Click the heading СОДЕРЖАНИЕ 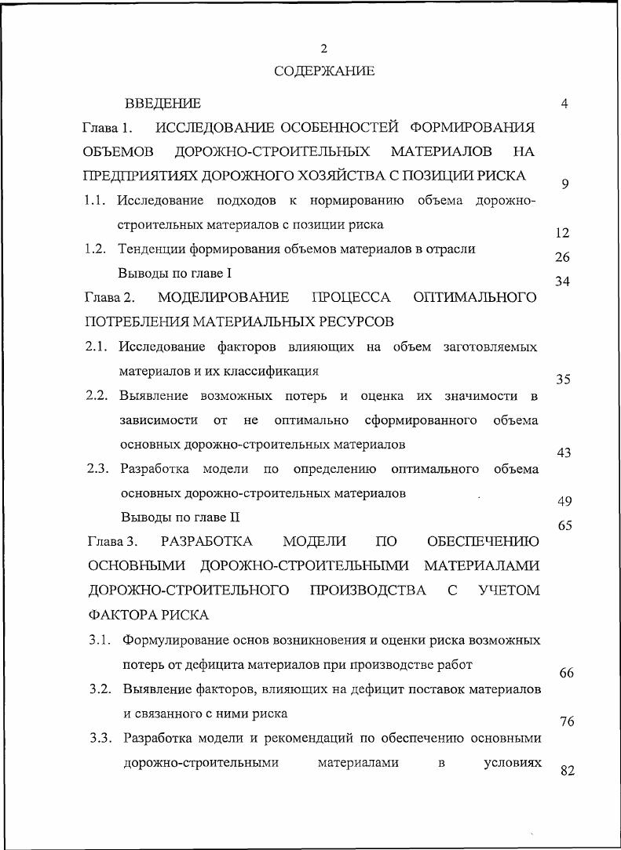click(x=324, y=71)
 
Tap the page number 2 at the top click(x=323, y=49)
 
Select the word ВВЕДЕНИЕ click(x=163, y=104)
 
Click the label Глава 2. click(x=110, y=298)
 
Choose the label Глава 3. click(x=113, y=542)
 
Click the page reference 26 click(x=562, y=257)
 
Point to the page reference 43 click(x=563, y=453)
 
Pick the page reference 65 click(x=564, y=526)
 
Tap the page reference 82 click(x=568, y=771)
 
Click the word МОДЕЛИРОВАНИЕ click(x=223, y=298)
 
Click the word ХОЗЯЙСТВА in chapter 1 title click(x=338, y=176)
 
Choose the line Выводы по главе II click(x=180, y=518)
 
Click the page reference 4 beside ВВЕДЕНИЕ click(x=564, y=104)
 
